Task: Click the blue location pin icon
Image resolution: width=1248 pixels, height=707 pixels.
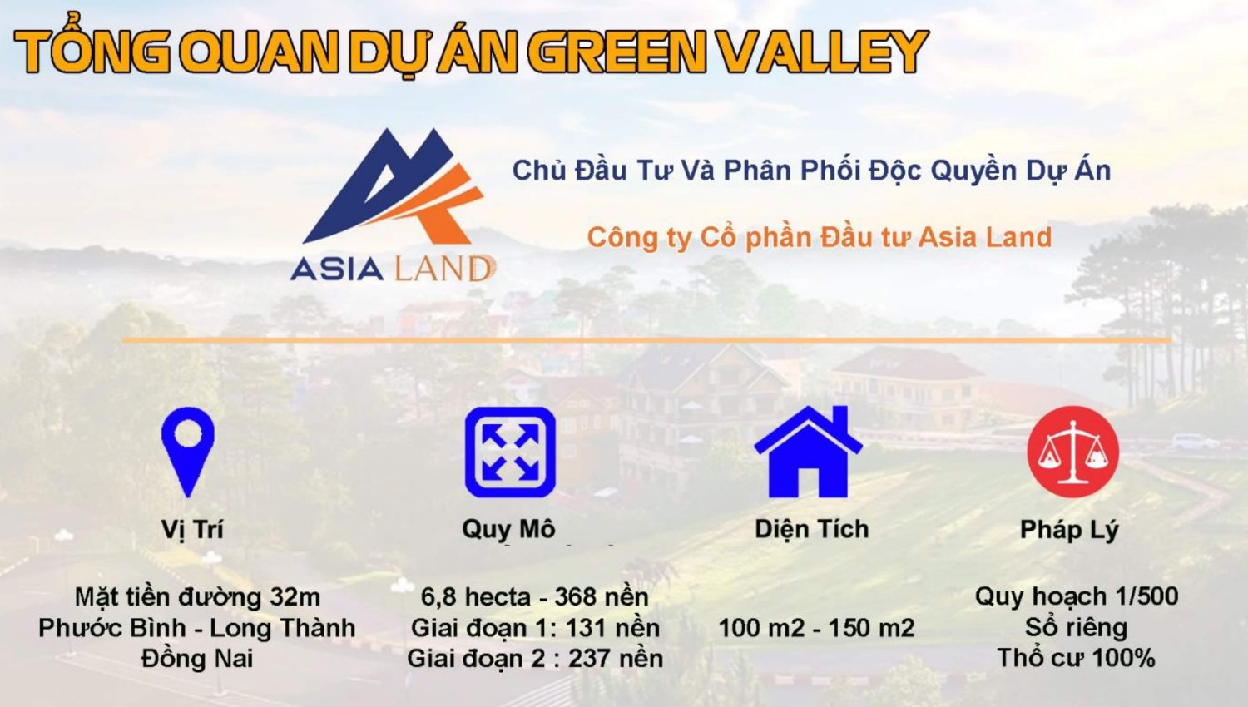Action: pyautogui.click(x=188, y=449)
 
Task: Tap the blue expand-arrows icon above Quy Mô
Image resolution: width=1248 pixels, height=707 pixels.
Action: pyautogui.click(x=509, y=452)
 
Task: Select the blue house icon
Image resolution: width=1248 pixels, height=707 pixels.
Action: pyautogui.click(x=808, y=453)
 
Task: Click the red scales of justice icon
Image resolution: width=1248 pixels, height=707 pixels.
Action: pyautogui.click(x=1072, y=452)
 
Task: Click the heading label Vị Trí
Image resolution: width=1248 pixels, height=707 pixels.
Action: pyautogui.click(x=192, y=529)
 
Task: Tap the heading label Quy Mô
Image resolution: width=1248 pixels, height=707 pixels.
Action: pyautogui.click(x=508, y=529)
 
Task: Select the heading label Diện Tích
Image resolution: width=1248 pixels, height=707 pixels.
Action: pyautogui.click(x=811, y=529)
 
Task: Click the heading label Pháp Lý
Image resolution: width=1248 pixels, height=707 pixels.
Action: pyautogui.click(x=1069, y=529)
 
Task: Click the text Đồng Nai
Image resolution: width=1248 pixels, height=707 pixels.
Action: pyautogui.click(x=197, y=659)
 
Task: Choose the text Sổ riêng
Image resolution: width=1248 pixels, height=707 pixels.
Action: pyautogui.click(x=1076, y=627)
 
